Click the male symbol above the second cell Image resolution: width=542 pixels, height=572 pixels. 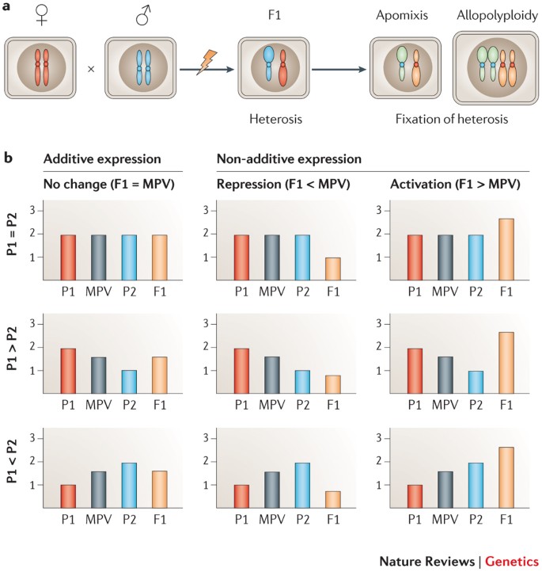click(x=144, y=13)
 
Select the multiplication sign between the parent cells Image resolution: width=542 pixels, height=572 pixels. click(x=91, y=69)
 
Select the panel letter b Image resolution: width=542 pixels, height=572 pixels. click(x=9, y=158)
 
